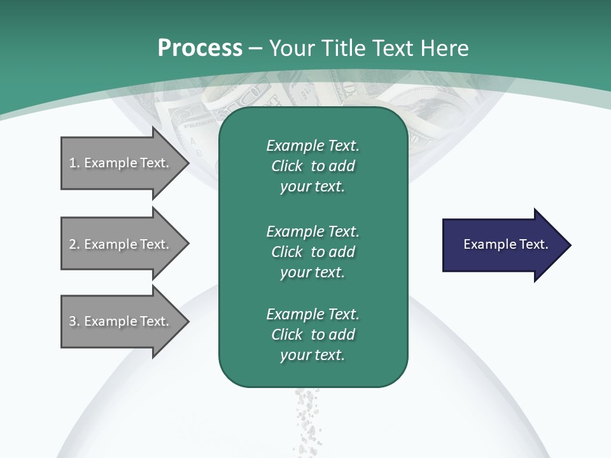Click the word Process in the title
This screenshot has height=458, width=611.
point(200,48)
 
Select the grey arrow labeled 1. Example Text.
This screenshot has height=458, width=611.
point(121,163)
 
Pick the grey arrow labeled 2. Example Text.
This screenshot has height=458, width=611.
point(121,244)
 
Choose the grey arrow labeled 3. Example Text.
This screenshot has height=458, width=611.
point(121,321)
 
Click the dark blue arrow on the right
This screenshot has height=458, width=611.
point(503,245)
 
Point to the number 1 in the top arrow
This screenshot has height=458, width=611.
point(73,163)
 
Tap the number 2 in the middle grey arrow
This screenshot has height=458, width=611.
point(73,244)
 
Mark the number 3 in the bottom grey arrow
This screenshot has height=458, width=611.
point(73,321)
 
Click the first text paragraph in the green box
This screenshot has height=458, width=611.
point(313,166)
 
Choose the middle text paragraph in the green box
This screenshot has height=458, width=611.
point(313,251)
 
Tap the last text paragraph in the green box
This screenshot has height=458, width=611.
point(313,335)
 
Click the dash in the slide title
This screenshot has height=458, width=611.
point(256,48)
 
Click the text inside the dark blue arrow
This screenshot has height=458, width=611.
point(505,244)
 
